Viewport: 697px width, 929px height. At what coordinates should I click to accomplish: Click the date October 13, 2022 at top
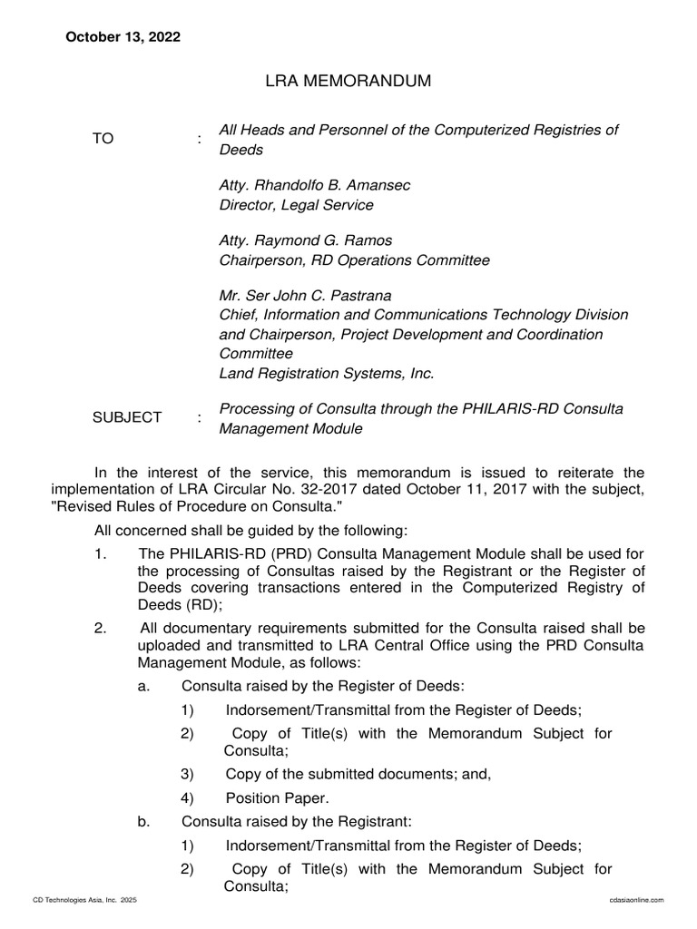click(x=122, y=37)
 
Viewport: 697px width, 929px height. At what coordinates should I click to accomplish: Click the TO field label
click(x=103, y=139)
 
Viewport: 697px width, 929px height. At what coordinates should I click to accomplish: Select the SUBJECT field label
click(x=127, y=417)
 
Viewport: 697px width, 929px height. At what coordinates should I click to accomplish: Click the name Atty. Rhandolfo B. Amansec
click(x=315, y=185)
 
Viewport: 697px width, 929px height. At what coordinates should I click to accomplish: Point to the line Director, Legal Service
click(x=296, y=205)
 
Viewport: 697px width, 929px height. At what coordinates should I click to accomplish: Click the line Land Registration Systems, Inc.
click(x=327, y=373)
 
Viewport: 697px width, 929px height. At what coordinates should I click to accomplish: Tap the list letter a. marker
click(x=143, y=687)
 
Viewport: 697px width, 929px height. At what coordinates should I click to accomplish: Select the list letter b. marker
click(x=143, y=822)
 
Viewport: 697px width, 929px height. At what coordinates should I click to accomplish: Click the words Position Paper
click(x=278, y=798)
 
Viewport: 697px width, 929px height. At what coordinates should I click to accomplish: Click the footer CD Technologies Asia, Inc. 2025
click(x=84, y=899)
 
